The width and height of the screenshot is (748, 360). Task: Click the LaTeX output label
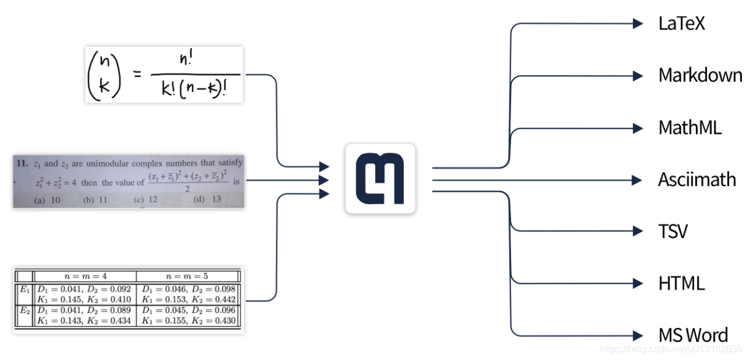point(681,24)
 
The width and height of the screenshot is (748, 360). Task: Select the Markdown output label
point(700,76)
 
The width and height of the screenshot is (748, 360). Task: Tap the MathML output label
point(690,128)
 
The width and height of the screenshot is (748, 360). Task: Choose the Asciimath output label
point(697,180)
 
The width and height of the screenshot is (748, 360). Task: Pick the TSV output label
point(673,232)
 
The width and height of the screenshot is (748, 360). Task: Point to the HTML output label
point(681,283)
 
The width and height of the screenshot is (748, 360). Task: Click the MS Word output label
point(693,335)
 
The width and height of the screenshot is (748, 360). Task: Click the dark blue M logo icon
point(380,179)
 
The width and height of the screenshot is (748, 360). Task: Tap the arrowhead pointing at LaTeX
point(638,24)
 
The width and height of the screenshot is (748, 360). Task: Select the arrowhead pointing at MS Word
point(638,335)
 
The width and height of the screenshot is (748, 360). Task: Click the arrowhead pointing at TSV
point(638,231)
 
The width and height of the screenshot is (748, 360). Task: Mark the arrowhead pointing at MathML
point(638,128)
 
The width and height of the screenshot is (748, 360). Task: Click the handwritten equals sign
point(138,75)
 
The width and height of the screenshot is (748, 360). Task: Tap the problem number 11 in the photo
point(22,163)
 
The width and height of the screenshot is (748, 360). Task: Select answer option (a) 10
point(47,200)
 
